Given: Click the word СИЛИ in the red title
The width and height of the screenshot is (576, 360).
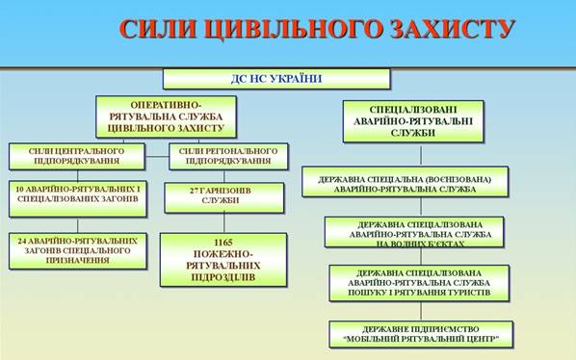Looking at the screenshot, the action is (158, 29).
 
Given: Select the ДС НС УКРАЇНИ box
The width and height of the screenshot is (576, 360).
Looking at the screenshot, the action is (276, 79).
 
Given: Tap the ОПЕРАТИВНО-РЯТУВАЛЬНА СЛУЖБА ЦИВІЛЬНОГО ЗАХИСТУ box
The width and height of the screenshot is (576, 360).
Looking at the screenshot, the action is (166, 116).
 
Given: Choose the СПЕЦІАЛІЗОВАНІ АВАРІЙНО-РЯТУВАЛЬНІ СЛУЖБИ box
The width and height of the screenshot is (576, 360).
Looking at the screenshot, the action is (413, 121).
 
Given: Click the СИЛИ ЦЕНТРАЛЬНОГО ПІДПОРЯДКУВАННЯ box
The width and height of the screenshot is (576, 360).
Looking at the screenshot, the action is (77, 156).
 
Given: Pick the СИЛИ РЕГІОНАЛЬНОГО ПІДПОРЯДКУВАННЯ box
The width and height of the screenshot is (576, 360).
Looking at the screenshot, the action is (228, 156).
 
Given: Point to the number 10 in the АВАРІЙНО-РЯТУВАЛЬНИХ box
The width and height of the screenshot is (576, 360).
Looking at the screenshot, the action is (20, 190).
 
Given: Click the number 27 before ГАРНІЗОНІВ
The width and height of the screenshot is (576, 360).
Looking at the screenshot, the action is (195, 191).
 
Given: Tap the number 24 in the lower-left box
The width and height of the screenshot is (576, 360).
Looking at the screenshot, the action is (22, 241).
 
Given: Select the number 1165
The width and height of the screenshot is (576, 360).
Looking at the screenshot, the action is (223, 243).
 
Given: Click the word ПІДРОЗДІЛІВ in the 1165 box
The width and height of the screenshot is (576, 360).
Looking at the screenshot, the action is (223, 277).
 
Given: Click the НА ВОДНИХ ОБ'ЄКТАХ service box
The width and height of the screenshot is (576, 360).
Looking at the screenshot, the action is (414, 232).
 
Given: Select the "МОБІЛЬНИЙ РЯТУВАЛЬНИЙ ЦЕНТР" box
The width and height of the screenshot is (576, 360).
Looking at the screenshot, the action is (421, 334).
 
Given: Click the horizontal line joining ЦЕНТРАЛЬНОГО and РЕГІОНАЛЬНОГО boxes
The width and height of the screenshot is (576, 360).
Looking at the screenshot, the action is (157, 157).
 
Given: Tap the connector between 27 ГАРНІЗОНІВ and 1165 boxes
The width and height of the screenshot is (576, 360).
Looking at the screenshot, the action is (224, 222).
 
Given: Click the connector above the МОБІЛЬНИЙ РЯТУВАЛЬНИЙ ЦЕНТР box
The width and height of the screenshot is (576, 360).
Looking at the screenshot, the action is (421, 311).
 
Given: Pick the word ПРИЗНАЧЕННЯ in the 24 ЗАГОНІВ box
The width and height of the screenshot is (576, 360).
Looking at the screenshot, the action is (78, 260).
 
